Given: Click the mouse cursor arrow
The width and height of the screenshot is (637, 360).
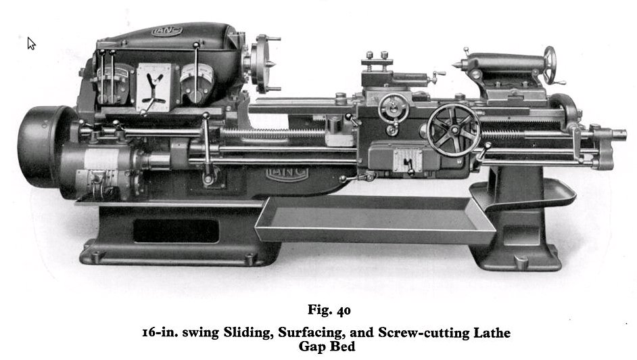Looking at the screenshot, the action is [x=31, y=43].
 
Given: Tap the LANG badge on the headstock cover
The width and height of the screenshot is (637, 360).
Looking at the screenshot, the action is [x=167, y=31].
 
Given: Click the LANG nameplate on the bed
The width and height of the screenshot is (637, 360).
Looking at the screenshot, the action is [x=287, y=173].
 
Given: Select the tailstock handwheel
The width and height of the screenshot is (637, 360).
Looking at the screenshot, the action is [x=550, y=66].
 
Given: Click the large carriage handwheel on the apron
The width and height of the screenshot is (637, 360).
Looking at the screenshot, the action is [x=454, y=130].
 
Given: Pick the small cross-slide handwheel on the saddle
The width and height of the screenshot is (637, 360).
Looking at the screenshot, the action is [x=393, y=109].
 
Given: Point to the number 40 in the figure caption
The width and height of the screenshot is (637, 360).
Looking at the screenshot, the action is [x=344, y=311].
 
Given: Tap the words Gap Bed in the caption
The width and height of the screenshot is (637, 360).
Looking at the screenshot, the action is [x=327, y=346].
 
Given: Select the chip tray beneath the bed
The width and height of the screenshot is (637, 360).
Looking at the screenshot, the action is [x=375, y=219].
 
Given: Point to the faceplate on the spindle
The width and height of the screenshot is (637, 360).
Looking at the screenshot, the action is [x=260, y=64].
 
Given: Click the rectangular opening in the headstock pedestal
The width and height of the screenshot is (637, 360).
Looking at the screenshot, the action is [x=176, y=231].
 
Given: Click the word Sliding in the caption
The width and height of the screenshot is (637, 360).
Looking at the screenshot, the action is [x=248, y=333].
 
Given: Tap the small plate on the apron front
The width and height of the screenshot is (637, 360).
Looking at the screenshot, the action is [x=406, y=159].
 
